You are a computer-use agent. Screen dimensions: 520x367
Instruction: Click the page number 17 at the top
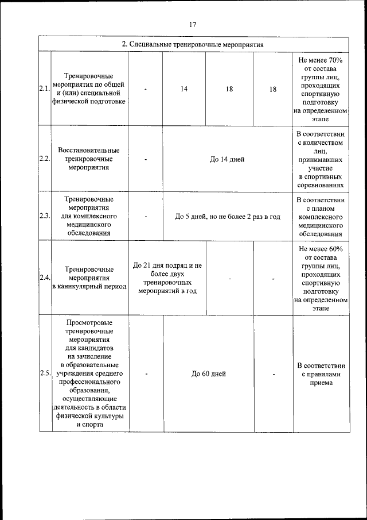193,24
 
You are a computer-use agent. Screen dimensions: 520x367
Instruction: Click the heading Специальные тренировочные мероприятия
193,44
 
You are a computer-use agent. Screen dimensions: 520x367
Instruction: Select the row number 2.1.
45,88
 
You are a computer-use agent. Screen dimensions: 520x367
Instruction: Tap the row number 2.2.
45,159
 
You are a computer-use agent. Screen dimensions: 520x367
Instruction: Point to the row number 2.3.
45,217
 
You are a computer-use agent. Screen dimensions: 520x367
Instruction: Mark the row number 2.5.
45,373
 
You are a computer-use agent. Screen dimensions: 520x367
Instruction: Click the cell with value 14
184,88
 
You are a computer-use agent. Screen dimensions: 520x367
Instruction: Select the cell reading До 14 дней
227,159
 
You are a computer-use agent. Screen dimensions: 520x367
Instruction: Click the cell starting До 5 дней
227,217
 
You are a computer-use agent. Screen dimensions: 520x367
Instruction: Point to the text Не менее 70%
321,60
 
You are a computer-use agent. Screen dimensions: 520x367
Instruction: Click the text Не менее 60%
321,249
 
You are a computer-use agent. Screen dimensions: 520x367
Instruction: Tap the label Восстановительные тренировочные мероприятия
89,159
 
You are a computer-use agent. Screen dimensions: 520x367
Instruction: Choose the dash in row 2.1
146,88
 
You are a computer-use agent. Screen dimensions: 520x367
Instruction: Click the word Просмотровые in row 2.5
89,322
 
